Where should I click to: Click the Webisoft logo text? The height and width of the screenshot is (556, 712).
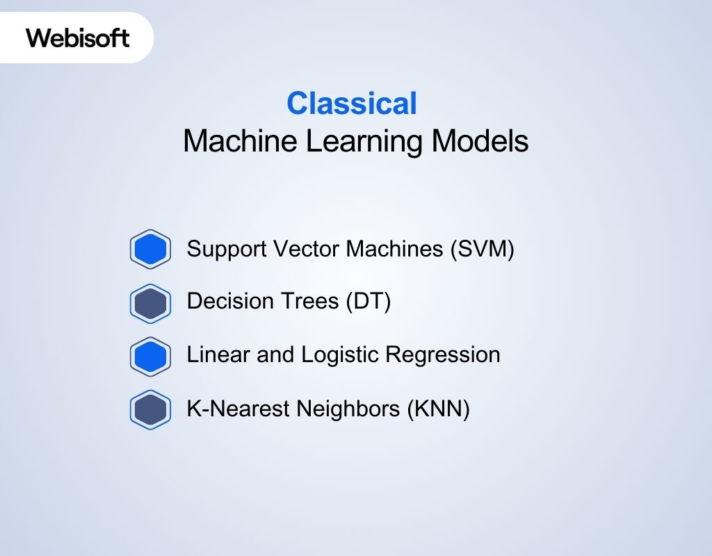point(77,38)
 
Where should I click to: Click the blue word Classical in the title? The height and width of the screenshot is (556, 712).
point(352,104)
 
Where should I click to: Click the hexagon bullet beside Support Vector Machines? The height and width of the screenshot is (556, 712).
point(150,249)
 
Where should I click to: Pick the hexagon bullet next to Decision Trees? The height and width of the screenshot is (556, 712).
point(150,303)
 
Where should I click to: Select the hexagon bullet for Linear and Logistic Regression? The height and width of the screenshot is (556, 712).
point(150,356)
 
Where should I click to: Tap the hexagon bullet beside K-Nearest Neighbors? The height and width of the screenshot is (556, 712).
point(150,409)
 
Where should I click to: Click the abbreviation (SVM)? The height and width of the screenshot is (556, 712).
point(482,249)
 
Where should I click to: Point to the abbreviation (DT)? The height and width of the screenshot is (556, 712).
point(369,302)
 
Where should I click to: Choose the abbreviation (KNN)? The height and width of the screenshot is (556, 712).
point(438,409)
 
